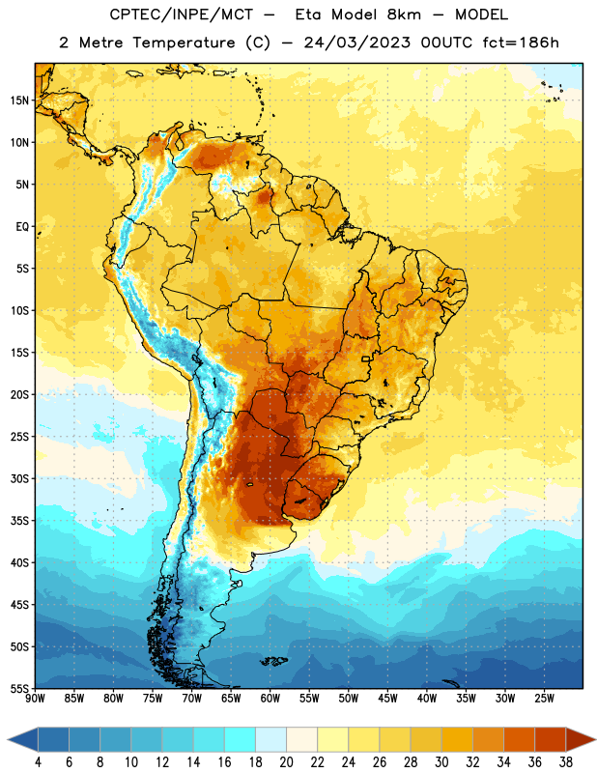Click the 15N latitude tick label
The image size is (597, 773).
[x=19, y=100]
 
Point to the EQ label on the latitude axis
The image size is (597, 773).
[x=22, y=227]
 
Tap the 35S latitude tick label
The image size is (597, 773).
[x=19, y=521]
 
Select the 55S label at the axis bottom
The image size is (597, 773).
[x=19, y=688]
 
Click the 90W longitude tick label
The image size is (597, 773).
[x=35, y=699]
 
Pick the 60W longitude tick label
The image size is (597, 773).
[x=270, y=699]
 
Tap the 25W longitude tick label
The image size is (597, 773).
[x=544, y=699]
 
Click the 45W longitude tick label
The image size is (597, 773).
[x=387, y=699]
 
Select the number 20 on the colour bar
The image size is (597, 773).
[x=286, y=762]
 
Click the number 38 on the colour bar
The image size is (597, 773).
[x=565, y=762]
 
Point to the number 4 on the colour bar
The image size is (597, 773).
[x=38, y=762]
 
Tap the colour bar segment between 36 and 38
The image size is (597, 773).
[x=551, y=740]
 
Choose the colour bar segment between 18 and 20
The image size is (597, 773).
[x=271, y=740]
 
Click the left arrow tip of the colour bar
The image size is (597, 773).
[x=8, y=740]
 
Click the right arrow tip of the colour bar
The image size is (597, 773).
[x=595, y=740]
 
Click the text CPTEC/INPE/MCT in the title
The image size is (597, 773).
[x=181, y=14]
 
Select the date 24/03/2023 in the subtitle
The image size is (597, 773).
[x=356, y=43]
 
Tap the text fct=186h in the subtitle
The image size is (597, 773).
[x=521, y=43]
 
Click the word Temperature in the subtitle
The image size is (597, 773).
[x=184, y=43]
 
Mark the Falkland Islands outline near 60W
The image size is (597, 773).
[x=273, y=661]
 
